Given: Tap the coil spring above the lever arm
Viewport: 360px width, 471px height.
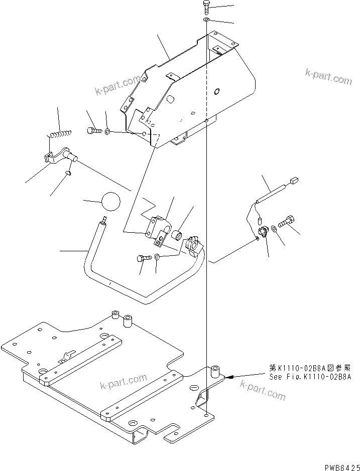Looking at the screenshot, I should coord(60,133).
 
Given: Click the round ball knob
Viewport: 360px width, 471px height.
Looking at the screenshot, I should coord(111,202).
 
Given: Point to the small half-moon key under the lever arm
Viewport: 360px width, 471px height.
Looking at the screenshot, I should coord(69,174).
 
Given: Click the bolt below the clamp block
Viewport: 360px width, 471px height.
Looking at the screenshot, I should coord(142,259).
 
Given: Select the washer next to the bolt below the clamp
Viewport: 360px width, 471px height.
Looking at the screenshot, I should coord(157,257).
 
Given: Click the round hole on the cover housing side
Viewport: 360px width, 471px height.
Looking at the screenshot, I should coord(216,91).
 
